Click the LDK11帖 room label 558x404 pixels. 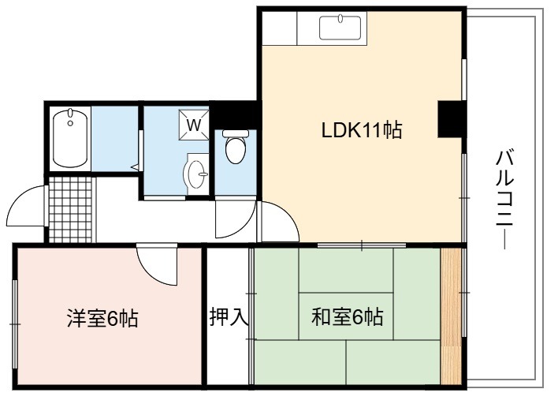[362, 130]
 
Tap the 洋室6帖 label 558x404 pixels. [102, 319]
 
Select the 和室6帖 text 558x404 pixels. [348, 316]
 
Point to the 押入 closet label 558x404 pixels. [229, 316]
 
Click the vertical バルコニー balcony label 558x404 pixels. [504, 200]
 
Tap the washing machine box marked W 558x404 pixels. [194, 125]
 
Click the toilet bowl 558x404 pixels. [236, 150]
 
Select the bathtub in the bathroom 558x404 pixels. [70, 139]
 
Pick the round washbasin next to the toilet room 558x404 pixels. [196, 174]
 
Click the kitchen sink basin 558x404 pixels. [340, 28]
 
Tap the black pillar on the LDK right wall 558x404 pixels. [450, 119]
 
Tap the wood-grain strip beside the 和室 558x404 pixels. [451, 316]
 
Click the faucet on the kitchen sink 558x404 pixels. [340, 18]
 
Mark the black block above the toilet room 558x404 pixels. [236, 114]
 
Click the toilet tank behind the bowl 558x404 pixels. [236, 133]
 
